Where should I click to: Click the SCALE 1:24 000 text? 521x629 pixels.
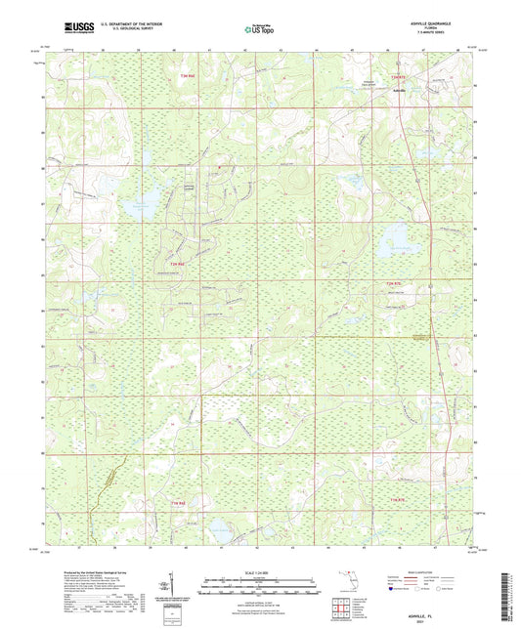click(260, 573)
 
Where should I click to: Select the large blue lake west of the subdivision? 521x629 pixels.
click(139, 206)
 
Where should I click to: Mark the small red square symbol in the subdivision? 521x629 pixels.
click(221, 167)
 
